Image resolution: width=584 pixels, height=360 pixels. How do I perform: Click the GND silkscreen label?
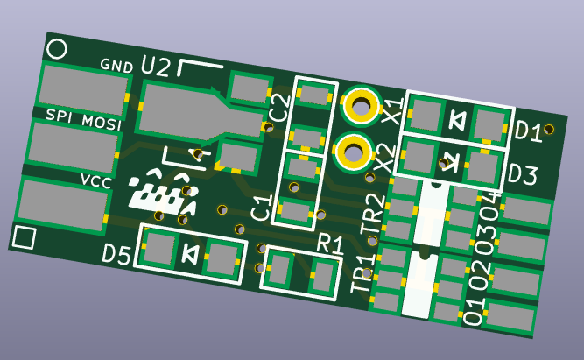[116, 66]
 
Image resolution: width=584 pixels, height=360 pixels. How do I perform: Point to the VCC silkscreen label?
[96, 181]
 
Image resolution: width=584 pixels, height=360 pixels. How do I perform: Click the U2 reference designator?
[156, 67]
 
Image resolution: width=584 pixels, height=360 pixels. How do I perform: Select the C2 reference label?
[280, 109]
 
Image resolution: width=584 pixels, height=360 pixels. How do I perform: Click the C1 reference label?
[262, 208]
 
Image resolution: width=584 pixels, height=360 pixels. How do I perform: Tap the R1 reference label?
[329, 244]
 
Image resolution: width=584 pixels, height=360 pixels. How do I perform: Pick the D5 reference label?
[116, 256]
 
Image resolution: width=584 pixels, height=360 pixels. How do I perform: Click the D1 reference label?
[528, 131]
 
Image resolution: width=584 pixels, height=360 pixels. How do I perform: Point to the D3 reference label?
[523, 174]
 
